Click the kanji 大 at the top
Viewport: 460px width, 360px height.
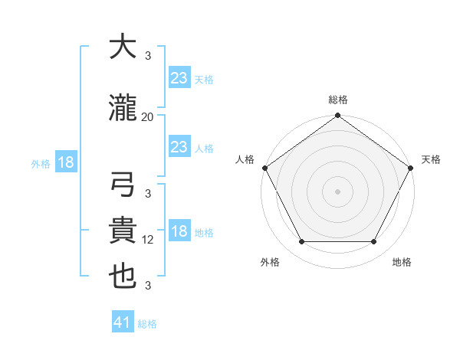click(123, 47)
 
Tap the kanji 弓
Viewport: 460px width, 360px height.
click(123, 188)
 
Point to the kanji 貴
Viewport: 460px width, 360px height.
click(123, 232)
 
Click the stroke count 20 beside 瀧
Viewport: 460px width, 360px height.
click(148, 117)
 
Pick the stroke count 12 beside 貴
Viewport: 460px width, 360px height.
click(148, 240)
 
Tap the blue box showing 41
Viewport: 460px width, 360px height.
click(123, 323)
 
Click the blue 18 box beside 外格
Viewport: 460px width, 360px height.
click(65, 163)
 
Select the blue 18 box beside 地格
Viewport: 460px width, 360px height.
click(179, 232)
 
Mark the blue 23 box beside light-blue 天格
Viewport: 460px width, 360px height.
click(179, 78)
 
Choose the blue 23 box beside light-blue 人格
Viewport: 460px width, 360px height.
click(179, 148)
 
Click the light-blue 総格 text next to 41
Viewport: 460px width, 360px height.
click(147, 324)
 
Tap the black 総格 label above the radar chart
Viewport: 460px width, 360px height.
click(338, 100)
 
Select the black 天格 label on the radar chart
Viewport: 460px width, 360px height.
click(431, 159)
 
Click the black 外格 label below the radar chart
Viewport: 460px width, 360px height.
click(270, 262)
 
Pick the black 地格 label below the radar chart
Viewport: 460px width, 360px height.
click(402, 262)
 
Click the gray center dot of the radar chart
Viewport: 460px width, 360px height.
click(338, 191)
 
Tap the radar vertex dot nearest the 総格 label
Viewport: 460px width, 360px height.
click(338, 116)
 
